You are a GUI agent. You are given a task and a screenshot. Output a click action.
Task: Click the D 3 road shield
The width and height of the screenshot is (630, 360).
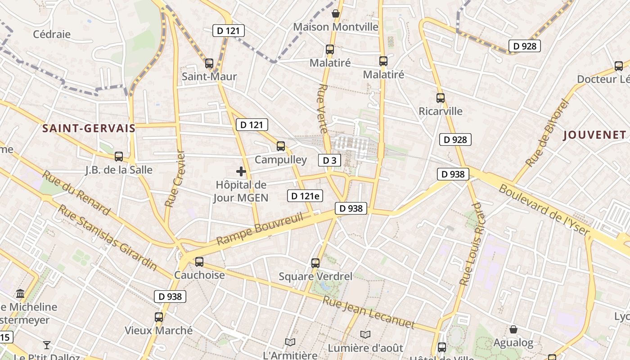(330, 160)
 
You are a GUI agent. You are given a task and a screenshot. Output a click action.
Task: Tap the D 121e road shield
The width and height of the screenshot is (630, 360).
(305, 196)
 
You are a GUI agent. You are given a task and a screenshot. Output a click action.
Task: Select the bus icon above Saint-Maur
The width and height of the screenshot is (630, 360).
(209, 63)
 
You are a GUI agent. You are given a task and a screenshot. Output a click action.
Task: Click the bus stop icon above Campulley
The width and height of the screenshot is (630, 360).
(281, 146)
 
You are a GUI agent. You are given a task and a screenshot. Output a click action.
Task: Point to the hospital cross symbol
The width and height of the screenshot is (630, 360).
(241, 171)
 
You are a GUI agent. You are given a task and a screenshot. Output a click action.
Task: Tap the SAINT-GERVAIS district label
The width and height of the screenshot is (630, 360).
(89, 128)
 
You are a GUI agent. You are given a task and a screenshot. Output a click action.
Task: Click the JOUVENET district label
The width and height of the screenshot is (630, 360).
(594, 135)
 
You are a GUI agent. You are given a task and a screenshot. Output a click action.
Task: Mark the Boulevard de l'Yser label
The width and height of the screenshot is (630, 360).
(544, 210)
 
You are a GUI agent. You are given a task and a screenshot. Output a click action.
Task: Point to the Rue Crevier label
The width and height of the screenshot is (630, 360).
(175, 178)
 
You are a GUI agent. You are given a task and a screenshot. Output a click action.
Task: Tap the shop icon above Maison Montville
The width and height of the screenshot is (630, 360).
(335, 13)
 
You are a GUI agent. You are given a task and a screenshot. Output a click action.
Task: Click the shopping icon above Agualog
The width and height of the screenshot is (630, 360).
(513, 329)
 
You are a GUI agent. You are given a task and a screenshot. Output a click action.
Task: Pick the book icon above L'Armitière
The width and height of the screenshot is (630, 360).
(290, 342)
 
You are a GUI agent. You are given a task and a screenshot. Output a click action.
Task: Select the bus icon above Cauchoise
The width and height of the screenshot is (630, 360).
(199, 261)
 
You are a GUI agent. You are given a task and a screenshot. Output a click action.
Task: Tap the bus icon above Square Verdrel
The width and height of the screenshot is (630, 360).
(315, 263)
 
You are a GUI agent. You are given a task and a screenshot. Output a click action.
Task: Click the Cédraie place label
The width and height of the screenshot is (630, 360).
(52, 34)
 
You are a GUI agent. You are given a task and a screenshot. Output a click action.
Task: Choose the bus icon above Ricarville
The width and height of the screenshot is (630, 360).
(440, 98)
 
